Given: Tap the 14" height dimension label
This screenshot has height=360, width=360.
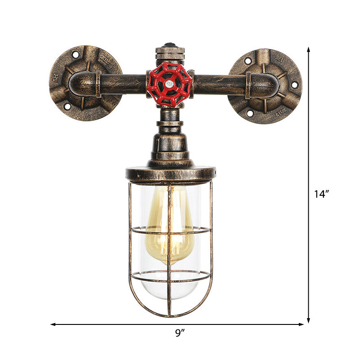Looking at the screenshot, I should pyautogui.click(x=322, y=194).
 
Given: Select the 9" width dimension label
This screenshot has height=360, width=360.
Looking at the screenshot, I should pyautogui.click(x=180, y=333).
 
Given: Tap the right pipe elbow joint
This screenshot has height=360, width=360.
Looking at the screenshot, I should pyautogui.click(x=261, y=85).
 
